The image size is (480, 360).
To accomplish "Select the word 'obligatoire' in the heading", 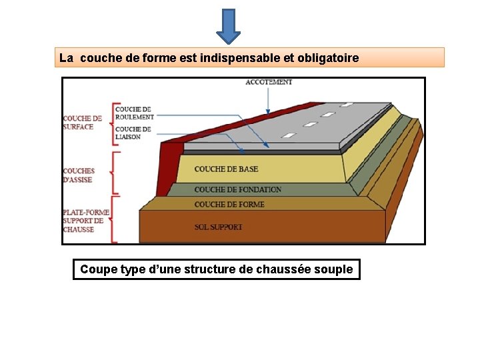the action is click(328, 58).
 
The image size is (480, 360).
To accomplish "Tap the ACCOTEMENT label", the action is click(269, 83).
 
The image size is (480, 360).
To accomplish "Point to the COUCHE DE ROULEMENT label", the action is click(133, 113).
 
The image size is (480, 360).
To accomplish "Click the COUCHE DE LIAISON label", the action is click(133, 133).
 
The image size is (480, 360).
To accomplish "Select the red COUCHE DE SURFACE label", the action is click(83, 123).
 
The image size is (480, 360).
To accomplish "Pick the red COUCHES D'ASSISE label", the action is click(79, 175).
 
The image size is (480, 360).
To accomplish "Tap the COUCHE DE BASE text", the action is click(226, 169).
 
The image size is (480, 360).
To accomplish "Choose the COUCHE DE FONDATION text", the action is click(237, 189).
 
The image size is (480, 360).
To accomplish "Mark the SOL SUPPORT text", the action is click(218, 227).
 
